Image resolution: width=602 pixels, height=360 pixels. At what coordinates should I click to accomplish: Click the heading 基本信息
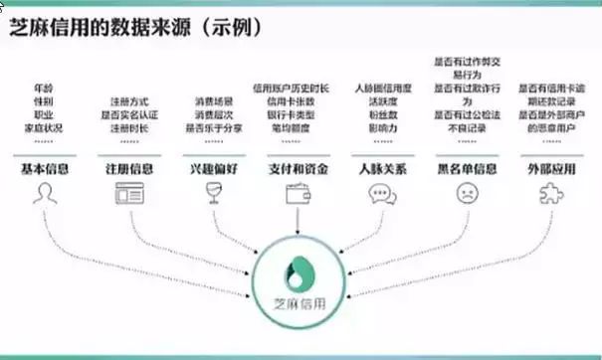45,169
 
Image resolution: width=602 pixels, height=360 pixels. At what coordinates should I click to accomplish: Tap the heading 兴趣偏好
212,169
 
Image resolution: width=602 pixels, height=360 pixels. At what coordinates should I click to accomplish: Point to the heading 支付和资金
296,169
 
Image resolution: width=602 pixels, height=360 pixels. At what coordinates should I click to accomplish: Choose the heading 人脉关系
381,169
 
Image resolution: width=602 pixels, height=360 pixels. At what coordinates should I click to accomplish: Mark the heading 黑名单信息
465,169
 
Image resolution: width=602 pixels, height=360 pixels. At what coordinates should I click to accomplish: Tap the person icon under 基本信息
45,195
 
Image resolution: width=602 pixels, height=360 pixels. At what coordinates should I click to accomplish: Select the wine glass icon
212,195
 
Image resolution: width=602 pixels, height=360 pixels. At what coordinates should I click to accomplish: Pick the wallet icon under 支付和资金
296,195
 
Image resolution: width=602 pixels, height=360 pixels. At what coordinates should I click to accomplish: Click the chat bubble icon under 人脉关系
381,195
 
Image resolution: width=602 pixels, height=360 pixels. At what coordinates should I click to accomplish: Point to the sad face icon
465,195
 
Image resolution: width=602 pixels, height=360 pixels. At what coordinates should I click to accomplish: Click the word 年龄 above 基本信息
45,87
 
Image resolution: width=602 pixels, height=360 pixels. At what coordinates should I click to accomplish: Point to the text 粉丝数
381,114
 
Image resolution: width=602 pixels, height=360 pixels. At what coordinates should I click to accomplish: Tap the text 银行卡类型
296,114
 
